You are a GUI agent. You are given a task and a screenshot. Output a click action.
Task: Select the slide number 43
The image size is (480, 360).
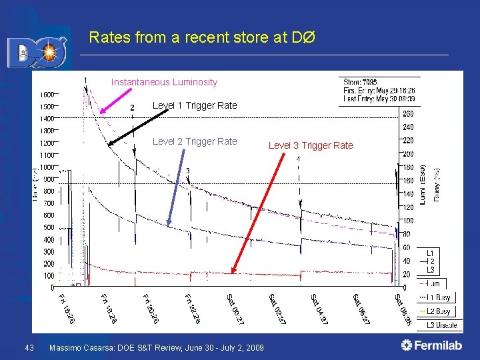[x=29, y=347]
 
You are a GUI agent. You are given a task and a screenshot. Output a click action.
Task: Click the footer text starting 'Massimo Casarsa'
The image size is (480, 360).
[x=157, y=347]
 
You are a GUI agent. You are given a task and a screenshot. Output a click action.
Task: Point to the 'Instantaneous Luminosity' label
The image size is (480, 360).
[x=164, y=82]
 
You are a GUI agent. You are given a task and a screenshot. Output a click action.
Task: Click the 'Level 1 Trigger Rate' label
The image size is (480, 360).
[x=195, y=105]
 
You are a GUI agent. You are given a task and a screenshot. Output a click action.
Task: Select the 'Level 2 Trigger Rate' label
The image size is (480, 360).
[x=195, y=141]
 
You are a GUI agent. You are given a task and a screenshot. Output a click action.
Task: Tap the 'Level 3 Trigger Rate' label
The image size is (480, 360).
[x=311, y=145]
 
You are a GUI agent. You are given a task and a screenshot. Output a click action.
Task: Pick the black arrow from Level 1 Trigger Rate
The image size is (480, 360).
[x=138, y=127]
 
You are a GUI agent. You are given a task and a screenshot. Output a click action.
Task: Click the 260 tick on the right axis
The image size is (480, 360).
[x=409, y=113]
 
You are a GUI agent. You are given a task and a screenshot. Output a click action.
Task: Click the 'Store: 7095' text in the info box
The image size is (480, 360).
[x=360, y=83]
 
